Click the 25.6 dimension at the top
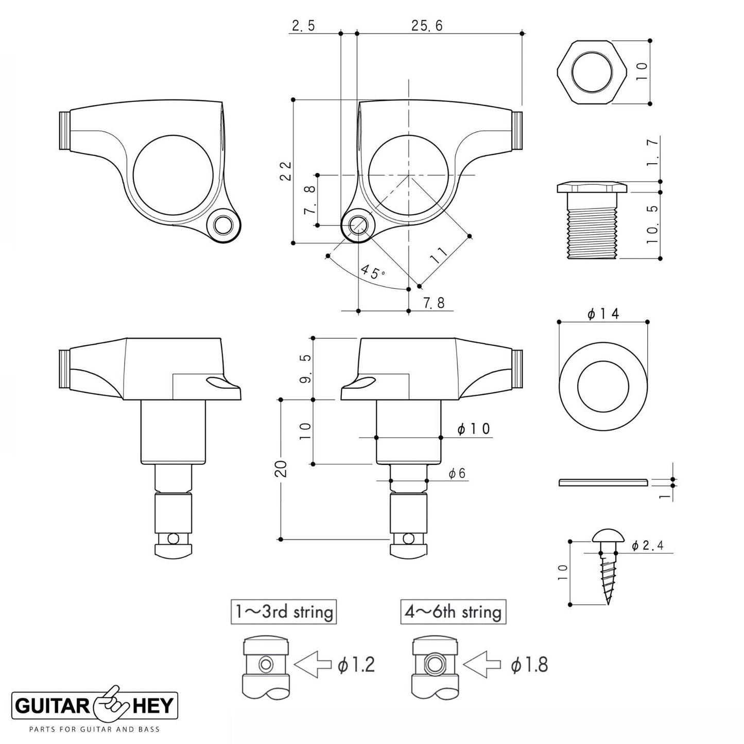(427, 26)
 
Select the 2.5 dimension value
(303, 26)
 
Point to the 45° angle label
(373, 271)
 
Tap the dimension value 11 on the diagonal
(439, 255)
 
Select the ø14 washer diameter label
(602, 313)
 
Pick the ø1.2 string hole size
(356, 665)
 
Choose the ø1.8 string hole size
(529, 665)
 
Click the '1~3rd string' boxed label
(284, 612)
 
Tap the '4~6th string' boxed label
(453, 612)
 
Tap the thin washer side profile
(602, 482)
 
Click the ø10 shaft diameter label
(474, 428)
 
